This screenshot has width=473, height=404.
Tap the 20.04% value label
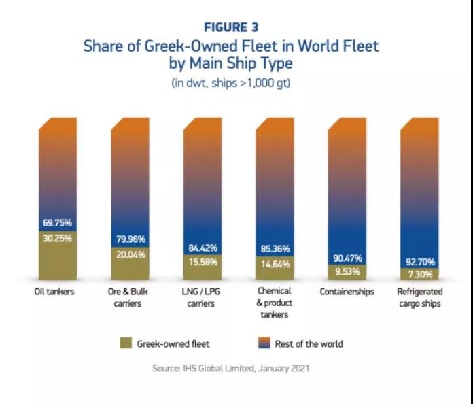pos(131,254)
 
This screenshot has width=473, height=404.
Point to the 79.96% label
pos(131,239)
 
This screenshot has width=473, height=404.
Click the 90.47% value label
pos(348,258)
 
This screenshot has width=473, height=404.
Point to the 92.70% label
pos(420,261)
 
